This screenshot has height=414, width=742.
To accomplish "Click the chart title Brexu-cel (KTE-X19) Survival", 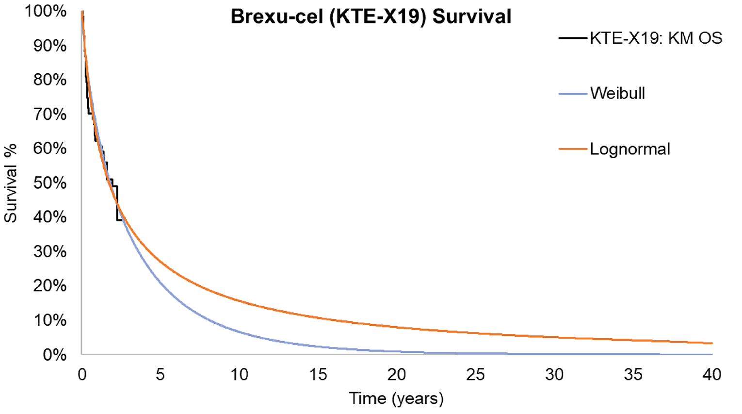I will pyautogui.click(x=371, y=17).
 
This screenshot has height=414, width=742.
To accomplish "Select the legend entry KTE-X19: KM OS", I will pyautogui.click(x=656, y=38).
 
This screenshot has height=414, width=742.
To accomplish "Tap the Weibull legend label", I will pyautogui.click(x=617, y=93).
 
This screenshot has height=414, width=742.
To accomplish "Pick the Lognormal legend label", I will pyautogui.click(x=629, y=149).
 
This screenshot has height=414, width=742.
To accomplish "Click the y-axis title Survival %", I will pyautogui.click(x=10, y=183).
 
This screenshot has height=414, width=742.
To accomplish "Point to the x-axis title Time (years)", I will pyautogui.click(x=396, y=398).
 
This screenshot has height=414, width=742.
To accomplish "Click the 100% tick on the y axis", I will pyautogui.click(x=46, y=11).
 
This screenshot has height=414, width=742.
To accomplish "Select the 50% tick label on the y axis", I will pyautogui.click(x=49, y=183).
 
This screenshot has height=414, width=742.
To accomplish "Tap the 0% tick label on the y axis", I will pyautogui.click(x=54, y=355).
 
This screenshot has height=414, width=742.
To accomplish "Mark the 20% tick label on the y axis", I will pyautogui.click(x=49, y=285).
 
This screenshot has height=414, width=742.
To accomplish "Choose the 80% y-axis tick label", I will pyautogui.click(x=49, y=80).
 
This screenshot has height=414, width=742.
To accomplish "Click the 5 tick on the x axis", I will pyautogui.click(x=160, y=375).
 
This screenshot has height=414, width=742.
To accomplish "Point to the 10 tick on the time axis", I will pyautogui.click(x=239, y=375).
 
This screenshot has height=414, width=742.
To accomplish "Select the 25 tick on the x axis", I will pyautogui.click(x=475, y=375).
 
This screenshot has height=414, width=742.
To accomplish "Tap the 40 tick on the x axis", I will pyautogui.click(x=712, y=375).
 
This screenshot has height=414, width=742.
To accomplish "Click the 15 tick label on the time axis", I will pyautogui.click(x=318, y=375).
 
